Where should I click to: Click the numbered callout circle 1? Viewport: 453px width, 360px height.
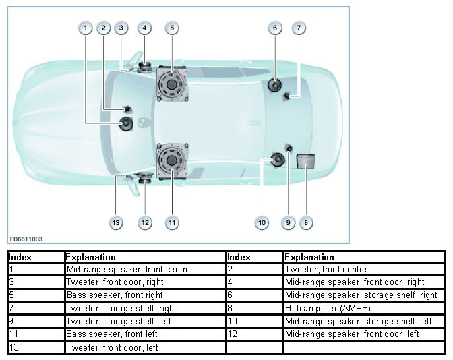click(85, 28)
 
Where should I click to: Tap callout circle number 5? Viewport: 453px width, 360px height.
click(172, 28)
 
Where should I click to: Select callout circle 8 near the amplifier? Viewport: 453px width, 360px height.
click(306, 222)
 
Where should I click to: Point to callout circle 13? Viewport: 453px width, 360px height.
click(116, 222)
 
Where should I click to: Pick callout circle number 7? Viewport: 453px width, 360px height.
click(299, 28)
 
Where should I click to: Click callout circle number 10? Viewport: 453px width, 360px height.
click(262, 222)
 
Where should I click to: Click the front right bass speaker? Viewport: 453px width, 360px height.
click(171, 85)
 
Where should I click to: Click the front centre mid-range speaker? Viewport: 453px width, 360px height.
click(127, 123)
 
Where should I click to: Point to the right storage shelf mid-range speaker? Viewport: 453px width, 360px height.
click(275, 86)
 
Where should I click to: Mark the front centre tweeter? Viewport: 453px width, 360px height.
click(126, 109)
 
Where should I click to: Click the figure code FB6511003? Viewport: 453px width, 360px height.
click(26, 239)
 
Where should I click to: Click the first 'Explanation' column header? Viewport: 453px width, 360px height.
click(90, 257)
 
